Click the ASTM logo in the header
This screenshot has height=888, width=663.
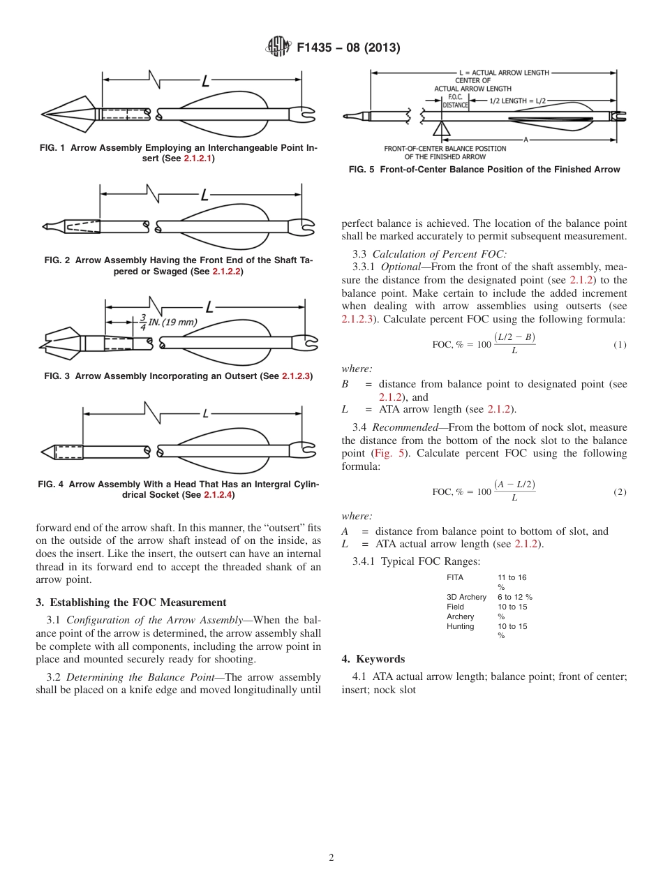(x=278, y=47)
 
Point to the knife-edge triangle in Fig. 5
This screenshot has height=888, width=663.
(x=441, y=128)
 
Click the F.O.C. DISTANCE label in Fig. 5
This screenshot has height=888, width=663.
(x=455, y=101)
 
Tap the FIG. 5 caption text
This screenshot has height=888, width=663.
(x=484, y=170)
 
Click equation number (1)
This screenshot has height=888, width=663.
(x=620, y=345)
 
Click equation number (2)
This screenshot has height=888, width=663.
(x=620, y=492)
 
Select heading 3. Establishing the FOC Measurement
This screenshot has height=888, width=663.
(x=131, y=602)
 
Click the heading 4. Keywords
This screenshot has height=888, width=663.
(x=373, y=659)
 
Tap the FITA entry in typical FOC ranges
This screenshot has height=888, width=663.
(x=455, y=577)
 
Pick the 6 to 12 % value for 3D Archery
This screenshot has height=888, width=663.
(x=514, y=597)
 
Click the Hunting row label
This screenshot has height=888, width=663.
(x=460, y=626)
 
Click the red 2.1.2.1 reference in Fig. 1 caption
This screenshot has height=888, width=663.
(x=198, y=158)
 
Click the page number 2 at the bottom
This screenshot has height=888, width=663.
(x=331, y=858)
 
